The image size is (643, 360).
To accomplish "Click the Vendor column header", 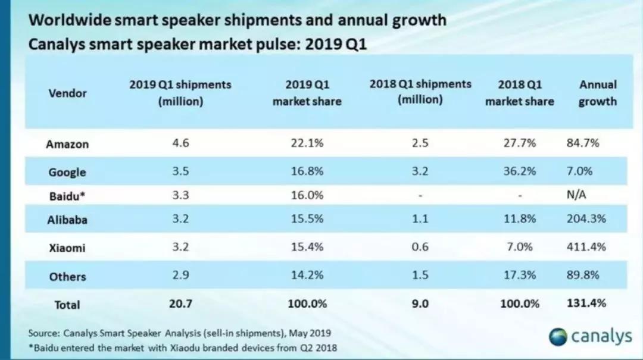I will [x=67, y=93].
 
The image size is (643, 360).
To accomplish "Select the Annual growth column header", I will [x=597, y=93].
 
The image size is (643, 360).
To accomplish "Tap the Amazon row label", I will [x=67, y=144].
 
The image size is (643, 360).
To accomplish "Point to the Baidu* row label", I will [x=67, y=195].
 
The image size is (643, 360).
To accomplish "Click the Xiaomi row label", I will [x=67, y=248].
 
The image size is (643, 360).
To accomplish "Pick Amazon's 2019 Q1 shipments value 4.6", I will [x=180, y=143].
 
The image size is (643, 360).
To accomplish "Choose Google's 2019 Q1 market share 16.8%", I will [x=307, y=171].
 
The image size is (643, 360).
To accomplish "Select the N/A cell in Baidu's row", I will [x=578, y=195].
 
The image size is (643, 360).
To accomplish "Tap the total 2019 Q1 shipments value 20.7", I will [x=180, y=303].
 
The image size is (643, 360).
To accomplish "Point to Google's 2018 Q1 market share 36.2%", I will [x=519, y=171].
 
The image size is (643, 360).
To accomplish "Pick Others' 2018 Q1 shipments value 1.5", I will [x=420, y=276].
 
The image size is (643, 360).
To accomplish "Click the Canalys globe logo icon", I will [x=558, y=336].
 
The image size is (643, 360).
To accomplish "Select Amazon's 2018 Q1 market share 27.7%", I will [x=519, y=143].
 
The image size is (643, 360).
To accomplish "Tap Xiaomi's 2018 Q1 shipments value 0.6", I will [x=420, y=247].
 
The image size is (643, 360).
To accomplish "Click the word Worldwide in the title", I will [x=67, y=20].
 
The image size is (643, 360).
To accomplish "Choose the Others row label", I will [x=67, y=277].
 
